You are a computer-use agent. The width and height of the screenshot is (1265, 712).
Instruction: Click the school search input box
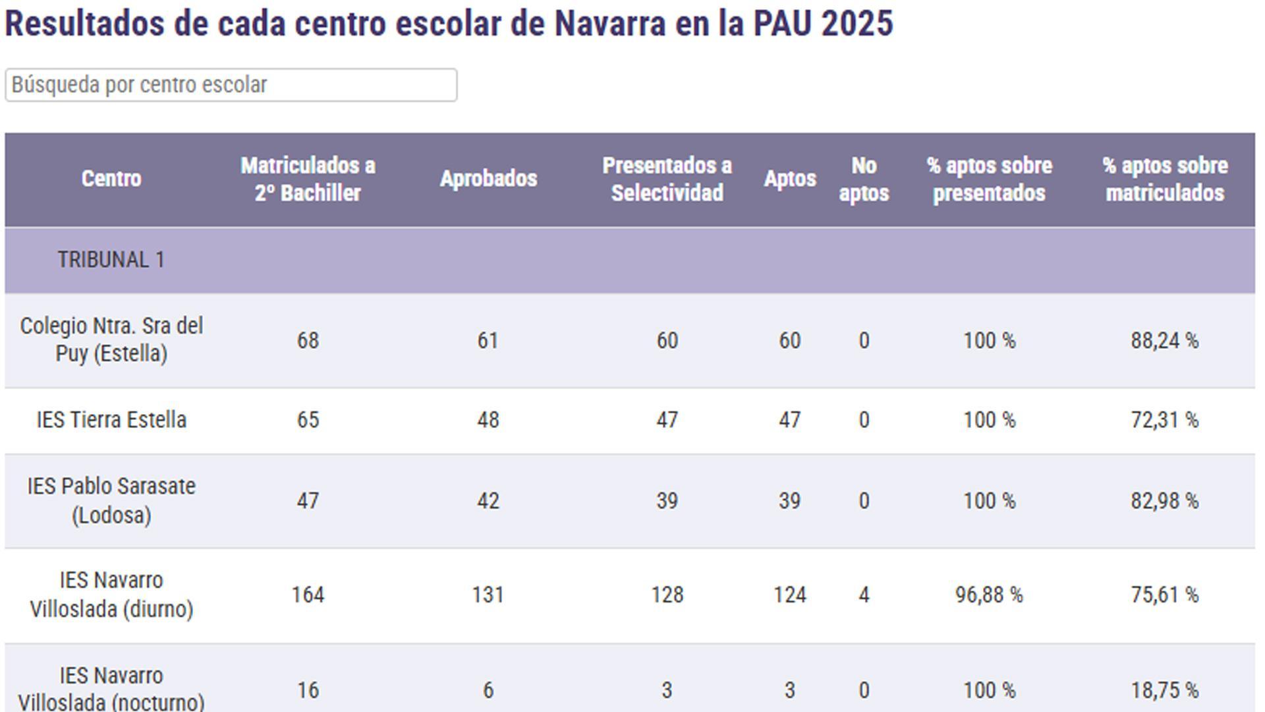pyautogui.click(x=231, y=85)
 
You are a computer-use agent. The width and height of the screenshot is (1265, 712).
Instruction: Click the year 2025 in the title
pyautogui.click(x=857, y=24)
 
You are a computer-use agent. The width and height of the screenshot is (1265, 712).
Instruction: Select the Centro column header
pyautogui.click(x=111, y=179)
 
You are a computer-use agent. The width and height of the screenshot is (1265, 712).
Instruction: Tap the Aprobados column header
pyautogui.click(x=488, y=179)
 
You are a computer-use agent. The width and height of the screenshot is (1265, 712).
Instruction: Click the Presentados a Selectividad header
pyautogui.click(x=667, y=179)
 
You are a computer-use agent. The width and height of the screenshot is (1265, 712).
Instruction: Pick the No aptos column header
pyautogui.click(x=864, y=179)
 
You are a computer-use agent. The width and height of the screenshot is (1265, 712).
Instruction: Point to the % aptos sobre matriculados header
pyautogui.click(x=1164, y=179)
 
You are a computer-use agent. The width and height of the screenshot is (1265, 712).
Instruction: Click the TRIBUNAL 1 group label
pyautogui.click(x=111, y=260)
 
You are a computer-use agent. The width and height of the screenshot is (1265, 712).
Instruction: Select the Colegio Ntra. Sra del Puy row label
pyautogui.click(x=111, y=340)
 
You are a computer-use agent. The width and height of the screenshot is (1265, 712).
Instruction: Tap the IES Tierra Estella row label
pyautogui.click(x=111, y=420)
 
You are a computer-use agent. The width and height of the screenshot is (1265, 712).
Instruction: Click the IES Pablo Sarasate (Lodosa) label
pyautogui.click(x=111, y=500)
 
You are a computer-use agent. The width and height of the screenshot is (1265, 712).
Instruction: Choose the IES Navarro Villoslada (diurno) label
pyautogui.click(x=111, y=595)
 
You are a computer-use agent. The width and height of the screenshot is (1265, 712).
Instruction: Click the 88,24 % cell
pyautogui.click(x=1164, y=340)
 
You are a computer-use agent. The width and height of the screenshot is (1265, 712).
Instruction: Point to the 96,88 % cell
pyautogui.click(x=989, y=595)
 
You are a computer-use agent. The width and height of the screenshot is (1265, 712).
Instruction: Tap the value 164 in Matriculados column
pyautogui.click(x=308, y=595)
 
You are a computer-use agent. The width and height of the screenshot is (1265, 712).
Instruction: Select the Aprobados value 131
pyautogui.click(x=488, y=595)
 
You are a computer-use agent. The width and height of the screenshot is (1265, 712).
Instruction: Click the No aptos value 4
pyautogui.click(x=864, y=595)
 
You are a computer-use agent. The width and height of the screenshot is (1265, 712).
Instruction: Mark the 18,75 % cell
pyautogui.click(x=1164, y=690)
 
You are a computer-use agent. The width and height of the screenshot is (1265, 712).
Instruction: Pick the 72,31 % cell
pyautogui.click(x=1164, y=420)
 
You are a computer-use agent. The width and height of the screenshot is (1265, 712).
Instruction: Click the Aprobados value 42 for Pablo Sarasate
pyautogui.click(x=488, y=501)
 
